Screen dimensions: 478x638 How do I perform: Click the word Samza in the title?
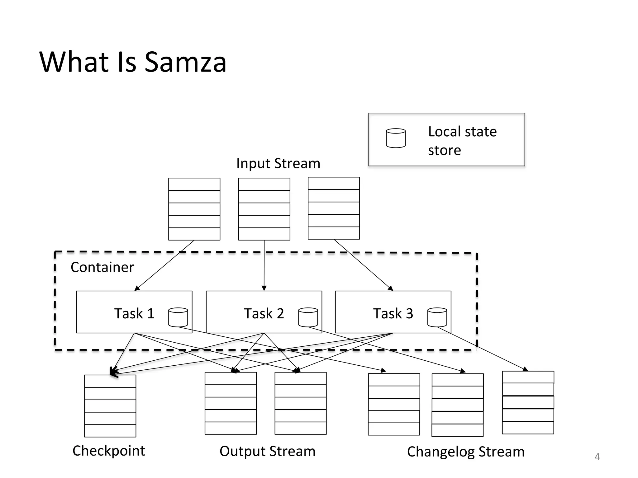point(185,62)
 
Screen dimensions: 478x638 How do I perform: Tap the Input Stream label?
point(278,163)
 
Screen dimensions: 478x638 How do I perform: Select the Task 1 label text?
point(134,313)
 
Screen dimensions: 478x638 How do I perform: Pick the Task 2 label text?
point(264,313)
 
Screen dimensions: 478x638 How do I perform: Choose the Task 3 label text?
point(393,313)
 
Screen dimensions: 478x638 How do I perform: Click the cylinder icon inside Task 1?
point(178,317)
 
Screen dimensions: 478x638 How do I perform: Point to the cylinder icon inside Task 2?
point(308,317)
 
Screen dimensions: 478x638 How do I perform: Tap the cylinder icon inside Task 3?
point(437,317)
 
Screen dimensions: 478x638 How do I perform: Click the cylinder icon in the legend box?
point(396,138)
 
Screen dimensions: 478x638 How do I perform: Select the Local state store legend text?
point(462,141)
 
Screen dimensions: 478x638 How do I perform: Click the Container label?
point(102,267)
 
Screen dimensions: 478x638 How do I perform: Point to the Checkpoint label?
point(109,451)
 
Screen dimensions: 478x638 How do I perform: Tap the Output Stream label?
point(267,451)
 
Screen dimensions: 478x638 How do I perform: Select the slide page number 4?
point(597,457)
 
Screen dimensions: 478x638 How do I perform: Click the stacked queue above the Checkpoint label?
point(110,406)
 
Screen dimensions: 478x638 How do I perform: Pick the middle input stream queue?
point(264,209)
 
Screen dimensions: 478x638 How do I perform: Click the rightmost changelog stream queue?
point(528,402)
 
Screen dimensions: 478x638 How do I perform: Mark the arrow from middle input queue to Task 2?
point(264,265)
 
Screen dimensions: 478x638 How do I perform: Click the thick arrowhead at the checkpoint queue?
point(114,372)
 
